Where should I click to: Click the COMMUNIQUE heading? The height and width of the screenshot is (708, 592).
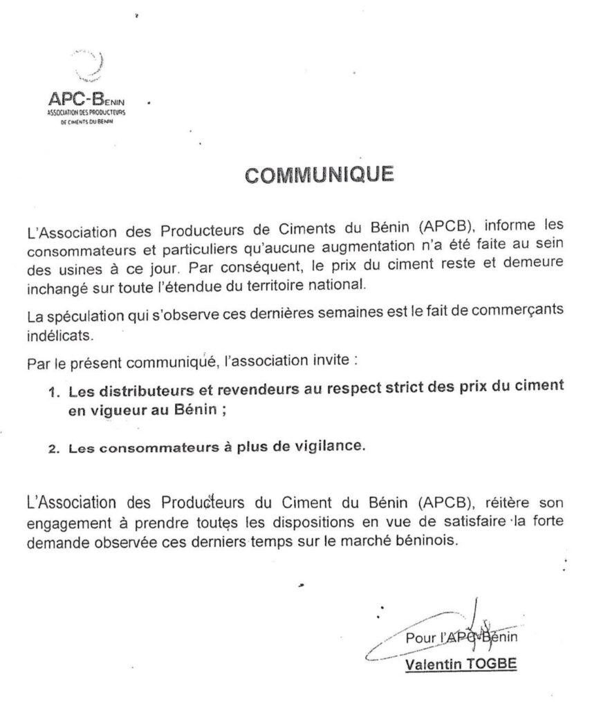click(x=320, y=174)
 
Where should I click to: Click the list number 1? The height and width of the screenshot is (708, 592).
click(x=53, y=392)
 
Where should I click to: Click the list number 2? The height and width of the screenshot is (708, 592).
click(x=53, y=447)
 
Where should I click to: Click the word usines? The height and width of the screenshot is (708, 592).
click(x=81, y=266)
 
